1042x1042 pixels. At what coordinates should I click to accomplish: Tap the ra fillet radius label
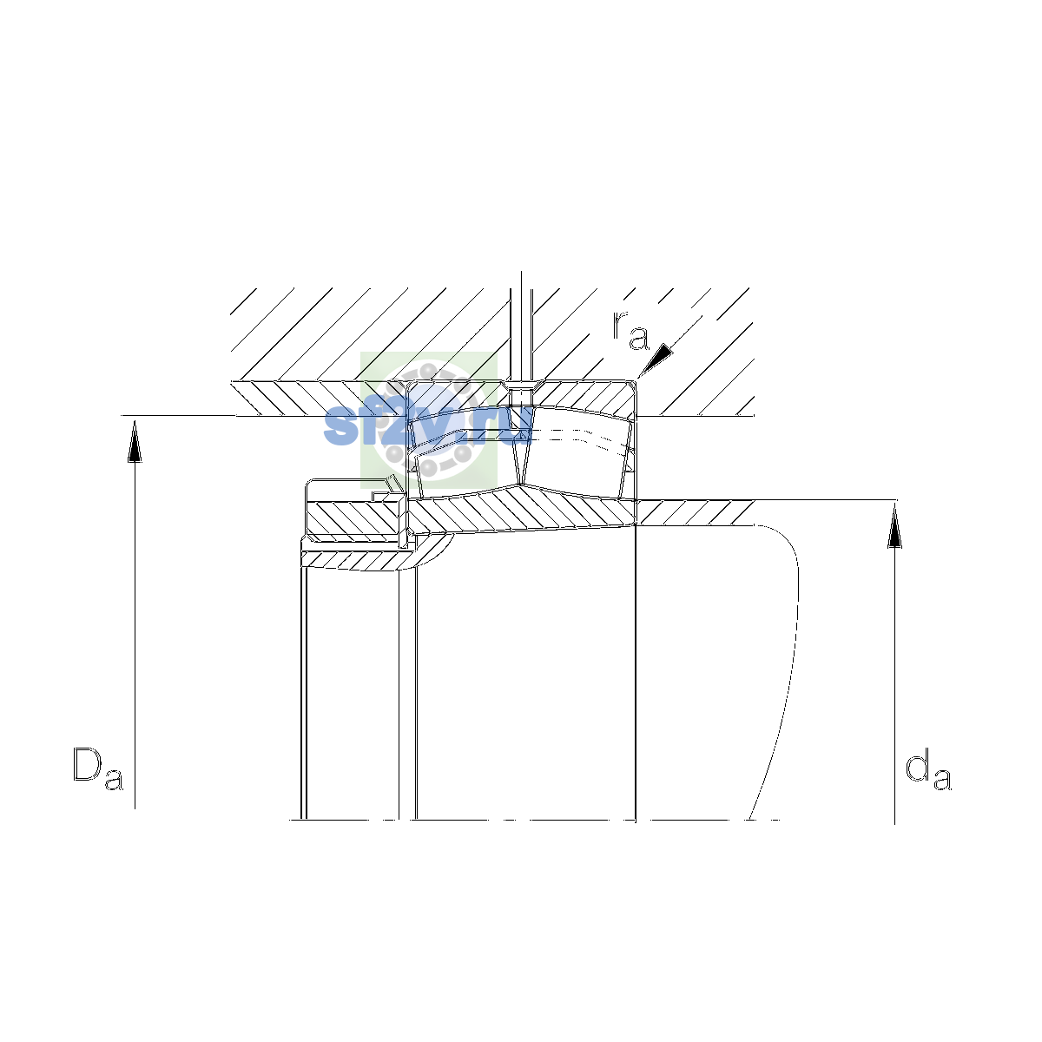coord(630,330)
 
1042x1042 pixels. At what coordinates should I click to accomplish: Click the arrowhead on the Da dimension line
coord(135,442)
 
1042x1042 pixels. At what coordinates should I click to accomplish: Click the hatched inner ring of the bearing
coord(522,511)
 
